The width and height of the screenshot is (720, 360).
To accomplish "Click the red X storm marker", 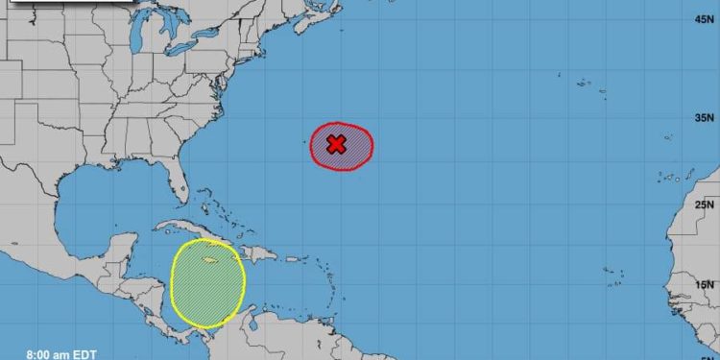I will click(x=336, y=144).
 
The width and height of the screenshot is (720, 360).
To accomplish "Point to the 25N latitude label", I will click(x=706, y=204).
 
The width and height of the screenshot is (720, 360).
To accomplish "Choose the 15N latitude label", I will click(x=706, y=284).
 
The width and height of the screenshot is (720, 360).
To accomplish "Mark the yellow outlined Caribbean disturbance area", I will click(x=206, y=283).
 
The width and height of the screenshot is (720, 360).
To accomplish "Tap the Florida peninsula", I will click(x=176, y=183).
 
